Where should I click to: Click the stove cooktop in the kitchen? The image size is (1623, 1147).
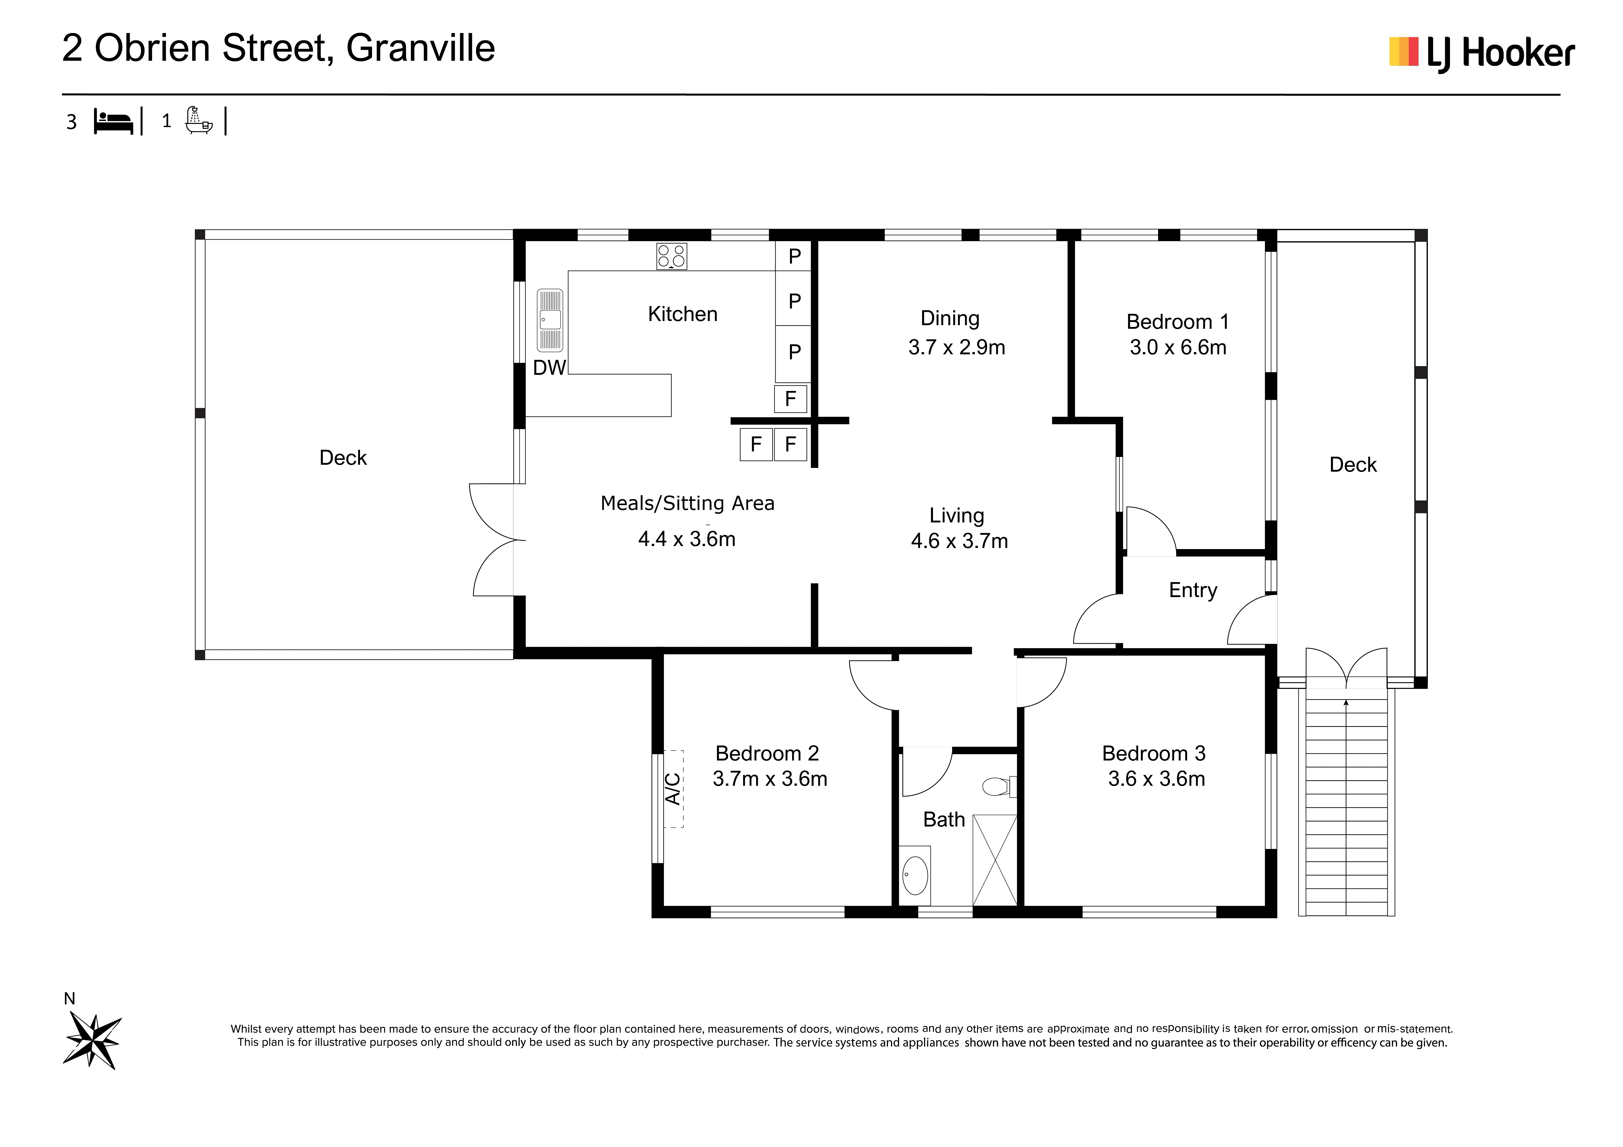(671, 257)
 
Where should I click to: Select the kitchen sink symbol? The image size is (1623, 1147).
(550, 320)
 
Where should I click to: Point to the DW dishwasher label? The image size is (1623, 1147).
(549, 368)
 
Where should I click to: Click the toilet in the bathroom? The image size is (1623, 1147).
(999, 786)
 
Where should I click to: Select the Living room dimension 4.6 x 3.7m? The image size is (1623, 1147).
(959, 541)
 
